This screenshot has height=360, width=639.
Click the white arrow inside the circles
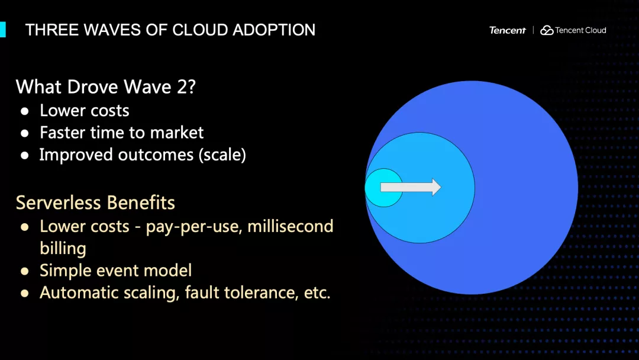(411, 187)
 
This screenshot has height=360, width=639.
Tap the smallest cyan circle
(383, 188)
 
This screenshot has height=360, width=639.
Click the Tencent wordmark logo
(508, 30)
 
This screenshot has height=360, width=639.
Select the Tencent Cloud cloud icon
(547, 30)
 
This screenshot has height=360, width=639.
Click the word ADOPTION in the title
(274, 30)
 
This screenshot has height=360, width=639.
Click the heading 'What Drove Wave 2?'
(106, 87)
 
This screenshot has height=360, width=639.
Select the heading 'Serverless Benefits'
(95, 202)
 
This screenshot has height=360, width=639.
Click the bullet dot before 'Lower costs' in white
(25, 111)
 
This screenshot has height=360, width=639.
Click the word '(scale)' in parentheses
(222, 155)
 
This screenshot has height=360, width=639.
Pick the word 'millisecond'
(290, 226)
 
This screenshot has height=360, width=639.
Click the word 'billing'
(63, 249)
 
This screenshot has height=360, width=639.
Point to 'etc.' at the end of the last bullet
(317, 292)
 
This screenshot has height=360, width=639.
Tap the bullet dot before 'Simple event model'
(25, 271)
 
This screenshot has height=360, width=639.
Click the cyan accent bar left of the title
(3, 30)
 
